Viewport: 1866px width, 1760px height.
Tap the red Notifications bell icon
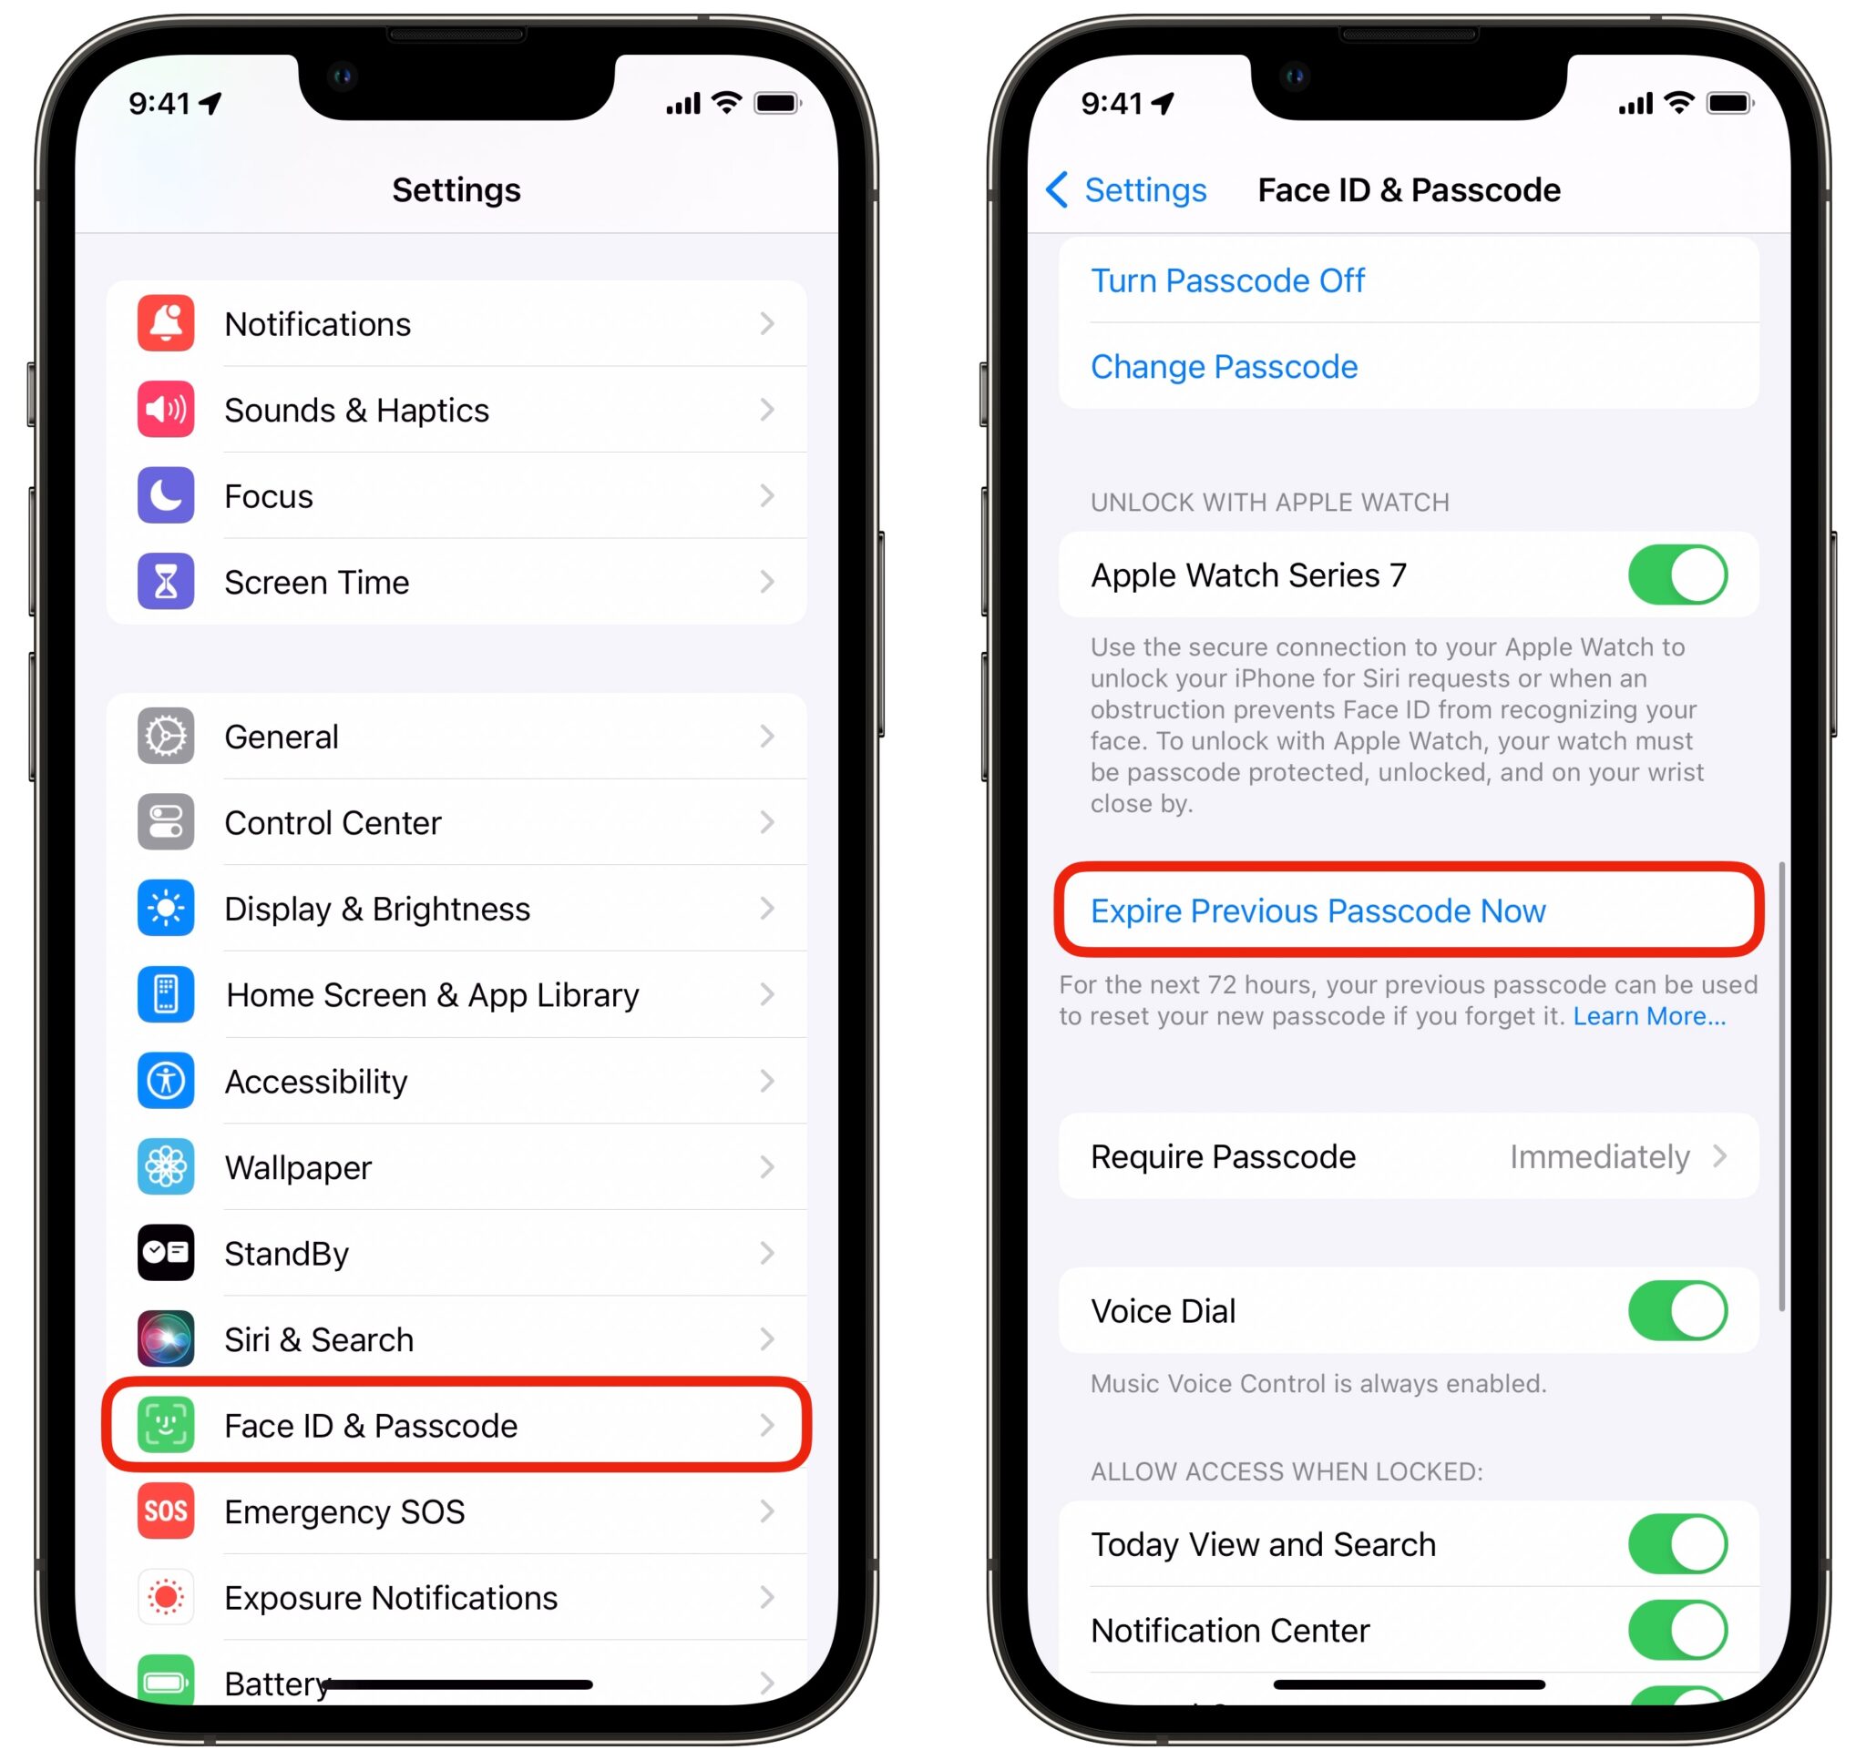[x=165, y=323]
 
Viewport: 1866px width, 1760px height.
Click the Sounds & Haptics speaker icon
[x=165, y=410]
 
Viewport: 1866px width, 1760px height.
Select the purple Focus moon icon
[x=165, y=495]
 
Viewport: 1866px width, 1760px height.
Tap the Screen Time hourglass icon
[x=165, y=582]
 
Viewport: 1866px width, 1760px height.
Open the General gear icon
[x=165, y=737]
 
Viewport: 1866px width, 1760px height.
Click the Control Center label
[x=333, y=823]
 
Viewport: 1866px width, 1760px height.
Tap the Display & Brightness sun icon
[x=165, y=908]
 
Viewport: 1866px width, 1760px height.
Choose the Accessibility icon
[x=165, y=1081]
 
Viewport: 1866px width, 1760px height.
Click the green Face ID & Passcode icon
[x=165, y=1425]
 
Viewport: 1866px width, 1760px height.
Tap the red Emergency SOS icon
[x=165, y=1511]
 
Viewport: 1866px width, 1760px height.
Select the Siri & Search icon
[x=165, y=1338]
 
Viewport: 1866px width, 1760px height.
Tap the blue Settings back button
[x=1126, y=190]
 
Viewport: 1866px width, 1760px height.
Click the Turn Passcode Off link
[x=1226, y=280]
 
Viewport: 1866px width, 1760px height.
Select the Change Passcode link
[x=1223, y=367]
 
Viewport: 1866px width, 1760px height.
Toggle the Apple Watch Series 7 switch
[x=1676, y=575]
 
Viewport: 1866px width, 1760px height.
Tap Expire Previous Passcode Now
[x=1317, y=911]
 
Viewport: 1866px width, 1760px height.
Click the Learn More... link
[x=1648, y=1016]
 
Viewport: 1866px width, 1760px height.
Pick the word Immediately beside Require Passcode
[x=1598, y=1156]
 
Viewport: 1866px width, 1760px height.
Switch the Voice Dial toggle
[x=1676, y=1310]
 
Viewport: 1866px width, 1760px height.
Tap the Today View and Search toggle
[x=1676, y=1544]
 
